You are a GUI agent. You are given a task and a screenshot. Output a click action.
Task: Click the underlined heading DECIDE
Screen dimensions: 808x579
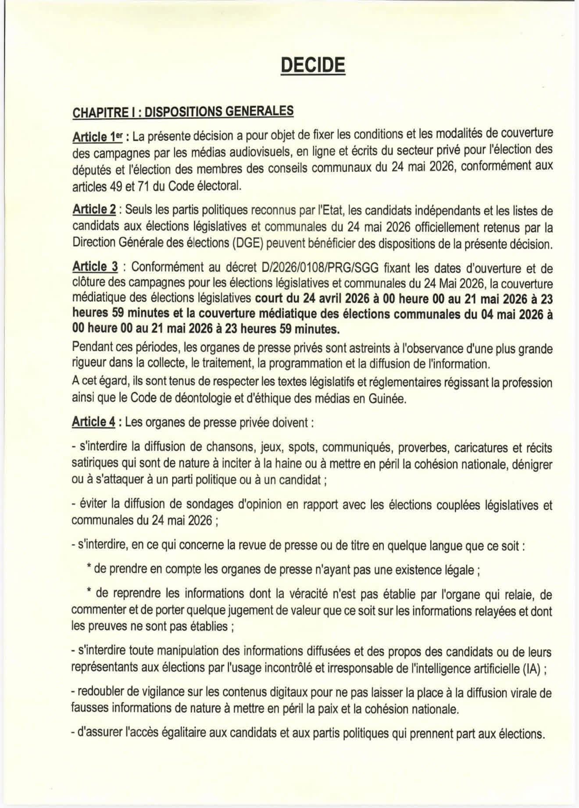tap(313, 66)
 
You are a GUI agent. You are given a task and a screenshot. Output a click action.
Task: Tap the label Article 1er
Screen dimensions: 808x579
tap(96, 137)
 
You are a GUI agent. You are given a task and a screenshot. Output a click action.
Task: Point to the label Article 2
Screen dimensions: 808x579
tap(94, 209)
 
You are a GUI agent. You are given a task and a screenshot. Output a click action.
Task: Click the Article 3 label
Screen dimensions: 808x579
tap(95, 266)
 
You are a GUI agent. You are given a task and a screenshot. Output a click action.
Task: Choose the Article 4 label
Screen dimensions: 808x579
tap(94, 422)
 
